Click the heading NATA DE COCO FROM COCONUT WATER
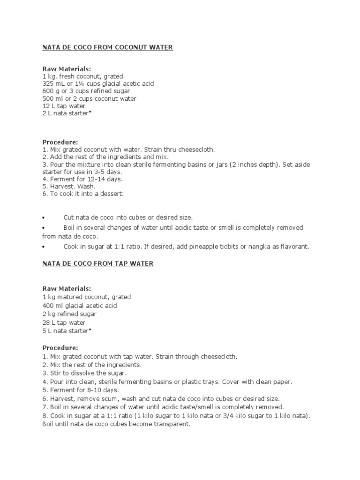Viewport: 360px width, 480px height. [x=108, y=47]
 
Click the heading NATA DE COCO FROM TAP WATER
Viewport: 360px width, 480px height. [x=98, y=264]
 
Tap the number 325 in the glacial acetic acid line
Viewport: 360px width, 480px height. [x=48, y=84]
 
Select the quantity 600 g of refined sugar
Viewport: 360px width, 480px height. [x=50, y=91]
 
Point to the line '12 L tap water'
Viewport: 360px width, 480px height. [x=64, y=106]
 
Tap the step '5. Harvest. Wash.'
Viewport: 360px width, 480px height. [x=69, y=187]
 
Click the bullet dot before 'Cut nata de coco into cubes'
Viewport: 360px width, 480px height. [x=43, y=218]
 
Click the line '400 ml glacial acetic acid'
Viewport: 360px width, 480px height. [x=80, y=306]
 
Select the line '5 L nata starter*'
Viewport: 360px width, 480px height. [x=66, y=331]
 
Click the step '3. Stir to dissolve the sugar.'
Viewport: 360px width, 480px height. [x=82, y=374]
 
